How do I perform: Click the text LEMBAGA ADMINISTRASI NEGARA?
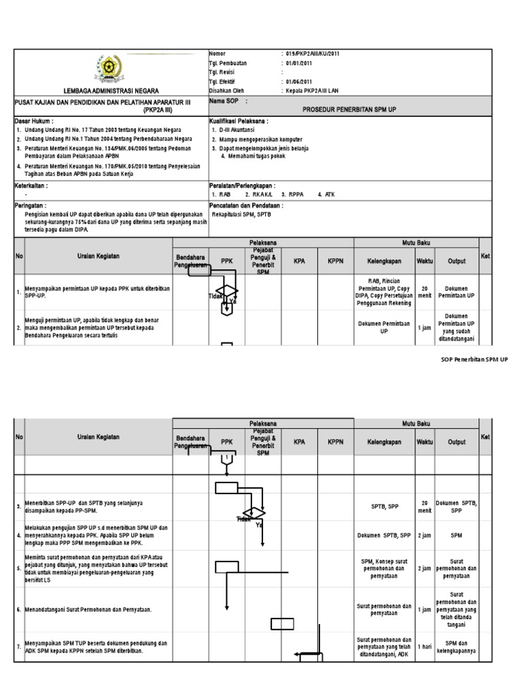111,90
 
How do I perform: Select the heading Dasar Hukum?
34,120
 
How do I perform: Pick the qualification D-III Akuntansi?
238,129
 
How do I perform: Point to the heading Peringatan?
31,204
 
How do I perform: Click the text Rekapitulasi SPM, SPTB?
245,213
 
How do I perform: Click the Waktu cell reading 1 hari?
424,647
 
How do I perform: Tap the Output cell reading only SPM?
455,535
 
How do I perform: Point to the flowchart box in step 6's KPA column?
283,624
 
